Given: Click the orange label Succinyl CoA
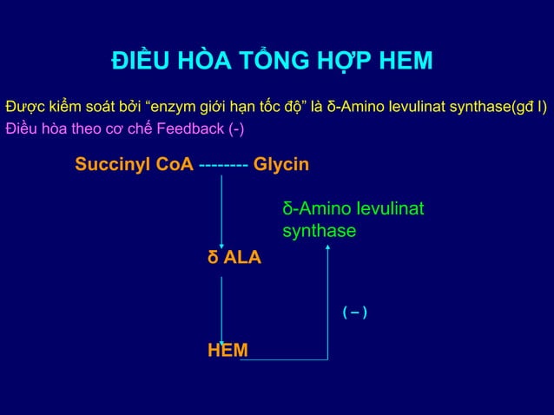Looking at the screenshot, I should point(134,165).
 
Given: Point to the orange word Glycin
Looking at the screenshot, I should point(281,165).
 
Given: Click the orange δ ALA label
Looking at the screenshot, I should point(234,258).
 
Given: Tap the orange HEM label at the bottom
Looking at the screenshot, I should point(227,350).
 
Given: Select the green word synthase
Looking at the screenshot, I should point(319,231).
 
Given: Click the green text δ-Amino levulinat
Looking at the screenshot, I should point(353,209).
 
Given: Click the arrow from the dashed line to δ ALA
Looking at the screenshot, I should point(221,208).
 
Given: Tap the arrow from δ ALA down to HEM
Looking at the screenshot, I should point(221,304).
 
